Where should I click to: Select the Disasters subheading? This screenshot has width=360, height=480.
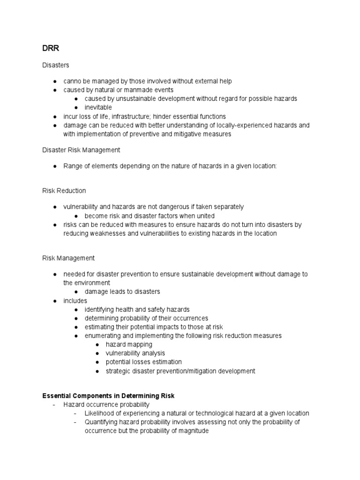coord(56,65)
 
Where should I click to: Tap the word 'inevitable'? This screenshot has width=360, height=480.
coord(98,107)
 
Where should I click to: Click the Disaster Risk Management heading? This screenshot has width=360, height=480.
coord(81,150)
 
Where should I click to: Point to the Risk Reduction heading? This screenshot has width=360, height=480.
coord(64,191)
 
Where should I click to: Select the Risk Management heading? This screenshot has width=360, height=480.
coord(68,258)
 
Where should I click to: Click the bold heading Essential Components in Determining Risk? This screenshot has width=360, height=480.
coord(108,396)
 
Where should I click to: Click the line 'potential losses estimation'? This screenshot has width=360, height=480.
coord(144,362)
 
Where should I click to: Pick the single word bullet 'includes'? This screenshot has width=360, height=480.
coord(75,300)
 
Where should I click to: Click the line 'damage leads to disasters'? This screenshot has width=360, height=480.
coord(122,292)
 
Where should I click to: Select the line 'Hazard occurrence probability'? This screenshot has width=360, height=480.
coord(106,405)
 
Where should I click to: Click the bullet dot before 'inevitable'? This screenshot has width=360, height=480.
coord(76,107)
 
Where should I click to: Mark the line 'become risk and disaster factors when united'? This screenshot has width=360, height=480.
coord(150,216)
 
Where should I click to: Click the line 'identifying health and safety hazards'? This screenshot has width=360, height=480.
coord(137,309)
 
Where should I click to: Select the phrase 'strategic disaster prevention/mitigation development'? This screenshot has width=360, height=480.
coord(180,371)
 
